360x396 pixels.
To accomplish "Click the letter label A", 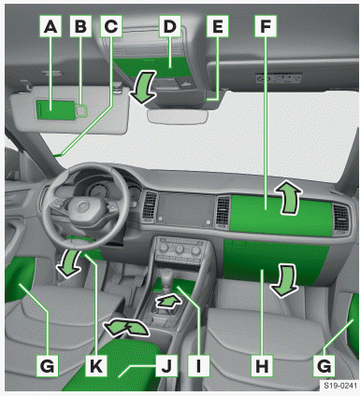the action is (x=50, y=26).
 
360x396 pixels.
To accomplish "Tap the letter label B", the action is (x=80, y=26).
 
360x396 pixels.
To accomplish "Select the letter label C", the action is (x=111, y=26).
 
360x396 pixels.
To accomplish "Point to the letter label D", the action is (x=170, y=26).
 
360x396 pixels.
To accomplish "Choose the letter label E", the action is (x=218, y=26).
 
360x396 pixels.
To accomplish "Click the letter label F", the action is (x=266, y=26).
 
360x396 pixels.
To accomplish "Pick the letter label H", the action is (x=262, y=365).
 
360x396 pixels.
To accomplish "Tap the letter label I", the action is (x=198, y=365).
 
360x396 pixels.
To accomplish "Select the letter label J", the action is (x=166, y=365).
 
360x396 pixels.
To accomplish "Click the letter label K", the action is (x=96, y=365).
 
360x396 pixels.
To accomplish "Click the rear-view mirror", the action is (x=178, y=117).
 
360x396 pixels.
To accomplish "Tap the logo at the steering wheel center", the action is (x=81, y=207).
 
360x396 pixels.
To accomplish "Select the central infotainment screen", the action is (x=186, y=209).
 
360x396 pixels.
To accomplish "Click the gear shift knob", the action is (x=168, y=276).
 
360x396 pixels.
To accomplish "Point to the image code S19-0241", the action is (x=339, y=386).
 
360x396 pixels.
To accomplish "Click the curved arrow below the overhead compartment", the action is (x=143, y=87).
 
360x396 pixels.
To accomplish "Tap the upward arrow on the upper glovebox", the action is (x=287, y=199).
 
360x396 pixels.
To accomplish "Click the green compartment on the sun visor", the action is (x=56, y=109).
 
